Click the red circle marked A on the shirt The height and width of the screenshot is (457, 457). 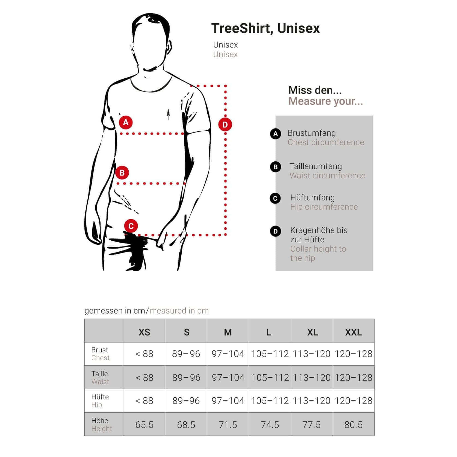point(126,122)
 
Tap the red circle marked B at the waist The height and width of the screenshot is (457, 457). point(122,173)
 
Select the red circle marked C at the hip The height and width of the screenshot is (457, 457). point(131,226)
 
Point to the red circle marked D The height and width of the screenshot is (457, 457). point(225,125)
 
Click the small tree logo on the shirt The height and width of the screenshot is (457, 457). point(168,115)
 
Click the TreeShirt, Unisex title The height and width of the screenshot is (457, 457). point(266,28)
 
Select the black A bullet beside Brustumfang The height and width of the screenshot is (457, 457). point(275,134)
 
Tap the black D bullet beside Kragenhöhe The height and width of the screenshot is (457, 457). point(275,231)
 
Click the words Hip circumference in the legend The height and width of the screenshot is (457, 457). point(324,207)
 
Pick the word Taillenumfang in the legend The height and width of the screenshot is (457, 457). point(316,166)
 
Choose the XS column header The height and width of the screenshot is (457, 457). point(144,332)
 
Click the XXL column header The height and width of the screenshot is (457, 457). point(353,332)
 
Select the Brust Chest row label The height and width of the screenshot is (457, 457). point(100,354)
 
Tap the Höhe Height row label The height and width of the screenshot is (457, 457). point(102,424)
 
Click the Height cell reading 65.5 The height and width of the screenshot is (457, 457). point(144,425)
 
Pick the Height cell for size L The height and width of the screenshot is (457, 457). point(270,425)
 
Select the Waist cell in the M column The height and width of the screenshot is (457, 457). point(228,378)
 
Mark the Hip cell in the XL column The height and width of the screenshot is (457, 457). point(312,401)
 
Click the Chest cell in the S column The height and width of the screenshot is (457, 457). point(186,354)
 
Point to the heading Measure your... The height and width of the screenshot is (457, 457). point(326,101)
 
